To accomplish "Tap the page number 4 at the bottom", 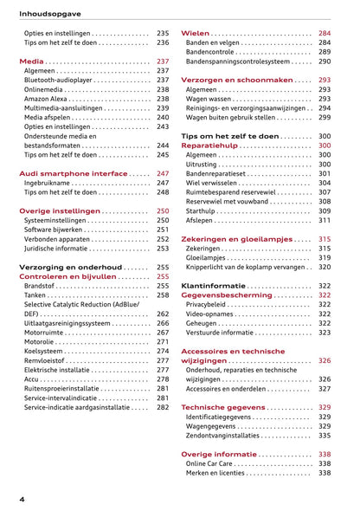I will (22, 500).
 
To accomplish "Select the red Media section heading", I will (32, 62).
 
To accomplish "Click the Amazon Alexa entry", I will (47, 99).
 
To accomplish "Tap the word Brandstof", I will (40, 286).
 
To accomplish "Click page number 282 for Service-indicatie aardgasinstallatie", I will (163, 407).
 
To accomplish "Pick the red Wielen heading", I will (196, 33).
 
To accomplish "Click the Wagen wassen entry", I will (210, 99).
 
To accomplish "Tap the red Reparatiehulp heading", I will (212, 146).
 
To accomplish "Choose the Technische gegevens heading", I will (224, 407).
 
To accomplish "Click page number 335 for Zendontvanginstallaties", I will (325, 436).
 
